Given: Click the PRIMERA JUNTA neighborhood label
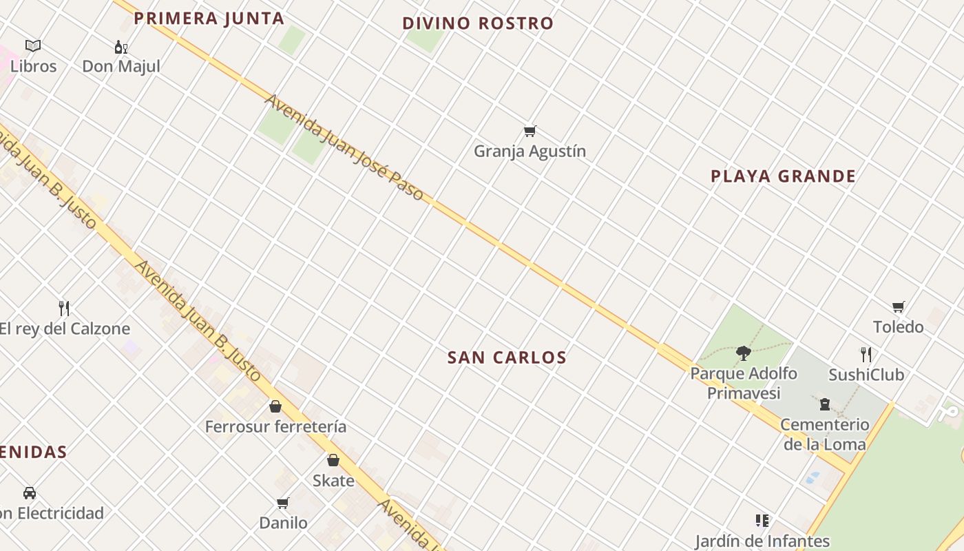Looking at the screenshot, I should pyautogui.click(x=209, y=19).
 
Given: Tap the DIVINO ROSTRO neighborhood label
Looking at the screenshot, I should pyautogui.click(x=478, y=23).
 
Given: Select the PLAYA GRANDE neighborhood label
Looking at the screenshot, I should pyautogui.click(x=783, y=176).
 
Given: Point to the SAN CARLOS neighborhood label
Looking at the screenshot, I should pyautogui.click(x=507, y=357).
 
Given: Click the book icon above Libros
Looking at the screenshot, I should pyautogui.click(x=33, y=46).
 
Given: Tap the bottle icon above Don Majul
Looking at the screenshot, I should pyautogui.click(x=120, y=47).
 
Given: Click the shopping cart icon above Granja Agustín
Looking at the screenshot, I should pyautogui.click(x=530, y=131).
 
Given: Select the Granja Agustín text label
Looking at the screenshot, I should pyautogui.click(x=530, y=151).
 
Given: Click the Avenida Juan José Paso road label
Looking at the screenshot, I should pyautogui.click(x=344, y=147).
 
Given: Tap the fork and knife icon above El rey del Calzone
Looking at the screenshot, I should pyautogui.click(x=64, y=308).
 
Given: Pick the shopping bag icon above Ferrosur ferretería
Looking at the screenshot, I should pyautogui.click(x=275, y=406).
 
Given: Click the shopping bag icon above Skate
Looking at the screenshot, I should pyautogui.click(x=333, y=460).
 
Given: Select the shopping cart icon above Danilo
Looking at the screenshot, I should pyautogui.click(x=282, y=503).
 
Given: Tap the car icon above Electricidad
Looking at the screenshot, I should pyautogui.click(x=30, y=493).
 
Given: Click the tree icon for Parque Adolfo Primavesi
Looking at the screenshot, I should pyautogui.click(x=743, y=353).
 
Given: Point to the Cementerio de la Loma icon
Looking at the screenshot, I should pyautogui.click(x=824, y=404).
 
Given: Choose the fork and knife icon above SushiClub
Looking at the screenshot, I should pyautogui.click(x=866, y=355).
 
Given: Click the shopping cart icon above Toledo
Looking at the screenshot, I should pyautogui.click(x=898, y=306).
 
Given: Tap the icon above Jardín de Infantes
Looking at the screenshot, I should pyautogui.click(x=762, y=521).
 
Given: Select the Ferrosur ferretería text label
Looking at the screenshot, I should pyautogui.click(x=275, y=427).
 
